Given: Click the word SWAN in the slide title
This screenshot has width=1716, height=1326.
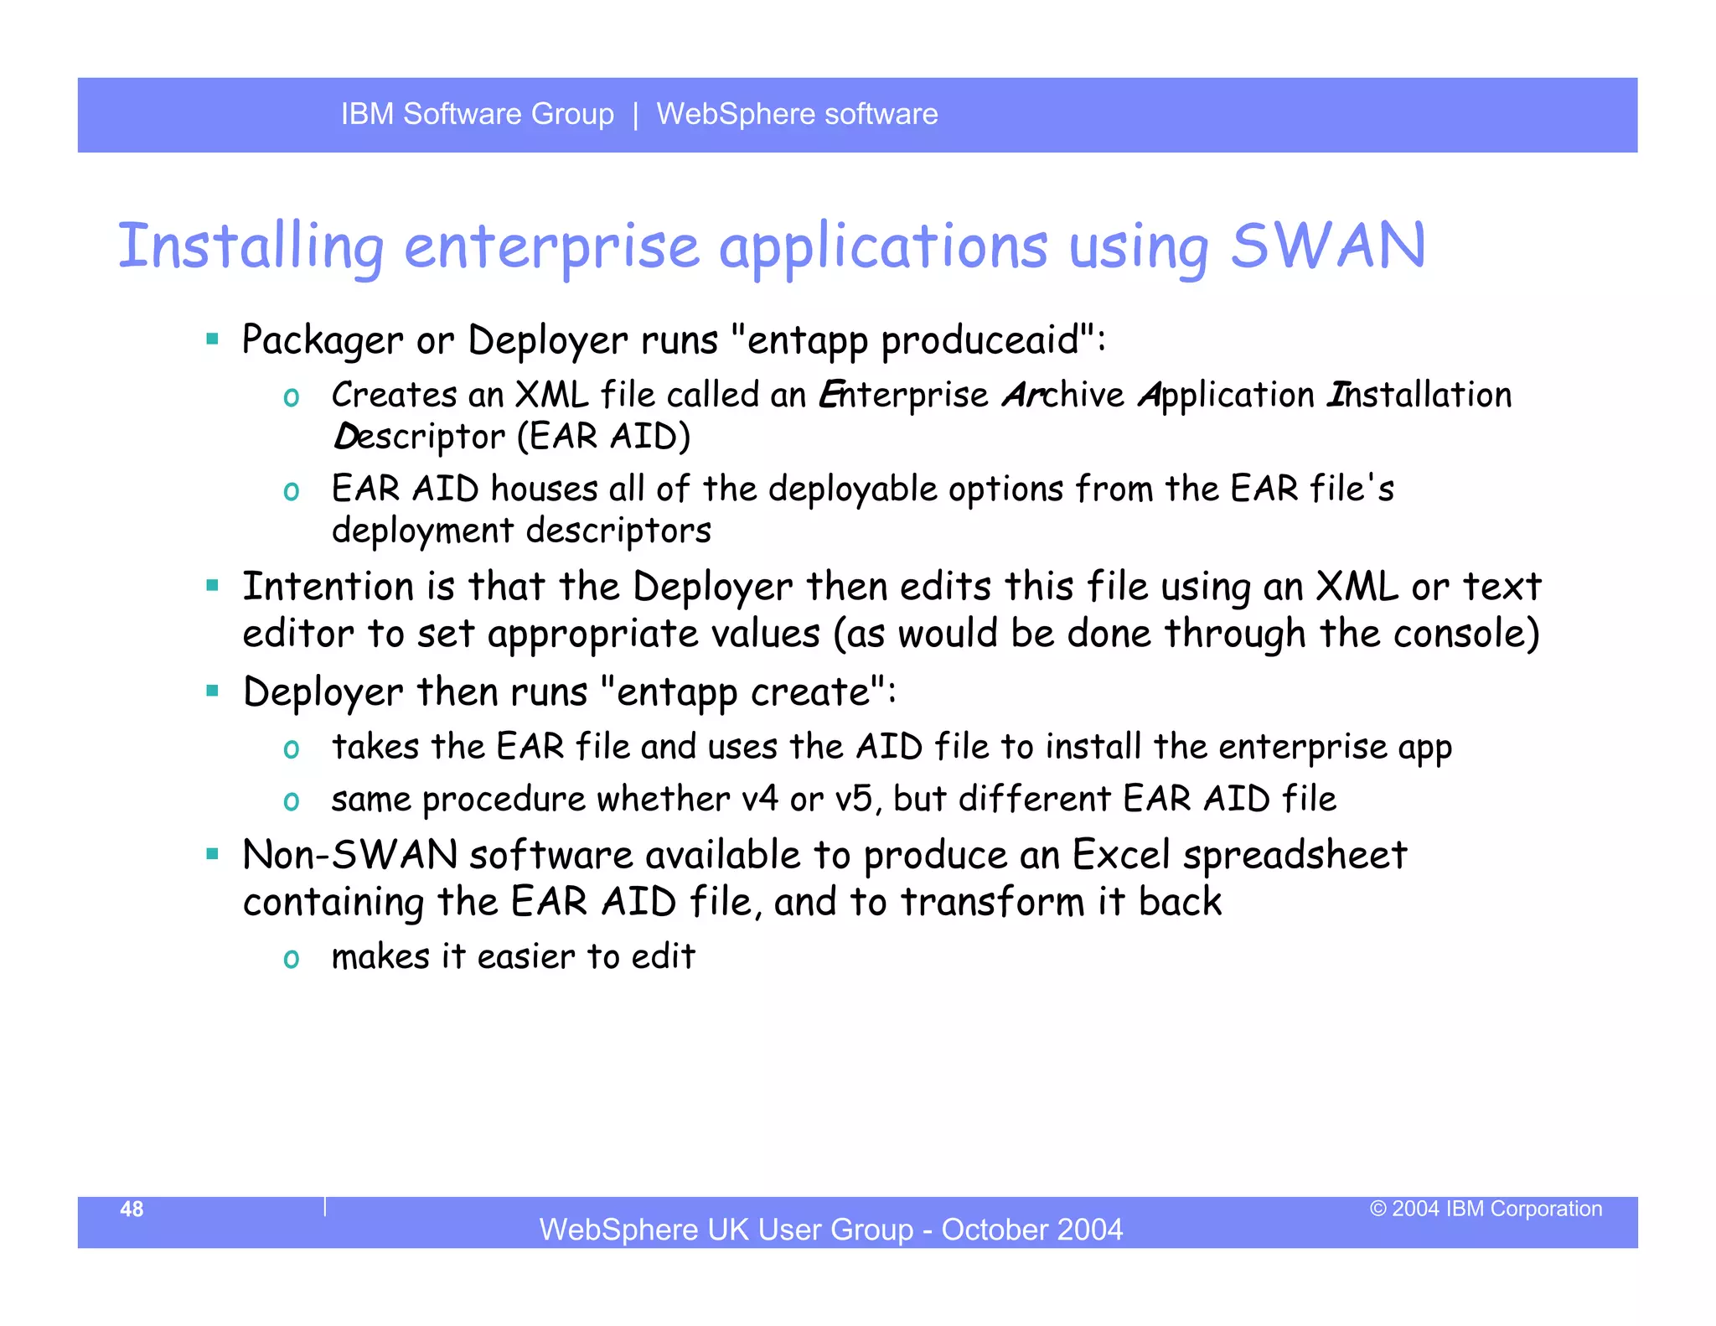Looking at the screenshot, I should pyautogui.click(x=1327, y=246).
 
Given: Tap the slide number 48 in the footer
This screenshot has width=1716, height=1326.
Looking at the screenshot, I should pyautogui.click(x=132, y=1209).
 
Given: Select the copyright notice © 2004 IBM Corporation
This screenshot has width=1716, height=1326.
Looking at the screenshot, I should pyautogui.click(x=1486, y=1209).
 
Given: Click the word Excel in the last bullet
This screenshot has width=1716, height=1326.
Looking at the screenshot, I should pyautogui.click(x=1121, y=855).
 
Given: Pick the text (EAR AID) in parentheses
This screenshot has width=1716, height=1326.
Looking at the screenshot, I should pyautogui.click(x=603, y=437).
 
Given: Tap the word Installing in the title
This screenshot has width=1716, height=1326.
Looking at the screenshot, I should pyautogui.click(x=251, y=246).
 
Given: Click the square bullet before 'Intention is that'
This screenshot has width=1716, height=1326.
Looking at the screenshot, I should pyautogui.click(x=213, y=585).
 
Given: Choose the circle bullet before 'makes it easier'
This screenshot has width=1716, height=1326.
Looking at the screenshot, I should pyautogui.click(x=292, y=958).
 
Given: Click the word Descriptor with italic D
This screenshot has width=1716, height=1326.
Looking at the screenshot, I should pyautogui.click(x=419, y=438).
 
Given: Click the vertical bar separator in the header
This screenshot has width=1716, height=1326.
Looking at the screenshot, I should pyautogui.click(x=636, y=114).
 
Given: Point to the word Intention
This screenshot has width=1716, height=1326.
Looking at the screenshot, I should pyautogui.click(x=328, y=586).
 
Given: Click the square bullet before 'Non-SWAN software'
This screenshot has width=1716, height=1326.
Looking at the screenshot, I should pyautogui.click(x=213, y=854).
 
